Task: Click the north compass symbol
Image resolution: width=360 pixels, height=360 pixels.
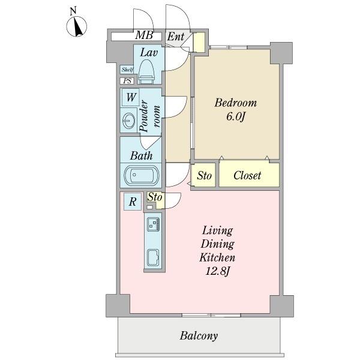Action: [x=77, y=25]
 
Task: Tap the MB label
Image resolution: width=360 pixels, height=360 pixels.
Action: [x=143, y=36]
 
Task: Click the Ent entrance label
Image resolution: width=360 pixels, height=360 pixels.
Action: [x=175, y=37]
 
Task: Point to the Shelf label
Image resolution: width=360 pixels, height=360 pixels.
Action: [x=127, y=70]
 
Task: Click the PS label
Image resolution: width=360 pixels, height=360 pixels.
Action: [x=127, y=81]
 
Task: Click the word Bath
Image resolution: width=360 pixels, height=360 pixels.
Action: [x=142, y=156]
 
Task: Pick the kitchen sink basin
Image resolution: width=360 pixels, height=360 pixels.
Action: [x=152, y=257]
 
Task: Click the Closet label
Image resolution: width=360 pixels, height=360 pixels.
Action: [x=247, y=176]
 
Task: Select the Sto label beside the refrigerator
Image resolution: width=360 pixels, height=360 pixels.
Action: [x=155, y=197]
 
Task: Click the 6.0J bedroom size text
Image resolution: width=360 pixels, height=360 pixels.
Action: [x=236, y=116]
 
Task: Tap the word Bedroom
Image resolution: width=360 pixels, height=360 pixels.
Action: [x=236, y=102]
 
